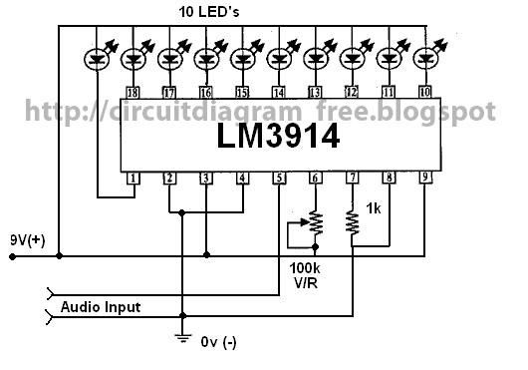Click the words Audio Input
(101, 306)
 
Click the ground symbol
(181, 336)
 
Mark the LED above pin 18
(132, 61)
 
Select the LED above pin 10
(425, 61)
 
